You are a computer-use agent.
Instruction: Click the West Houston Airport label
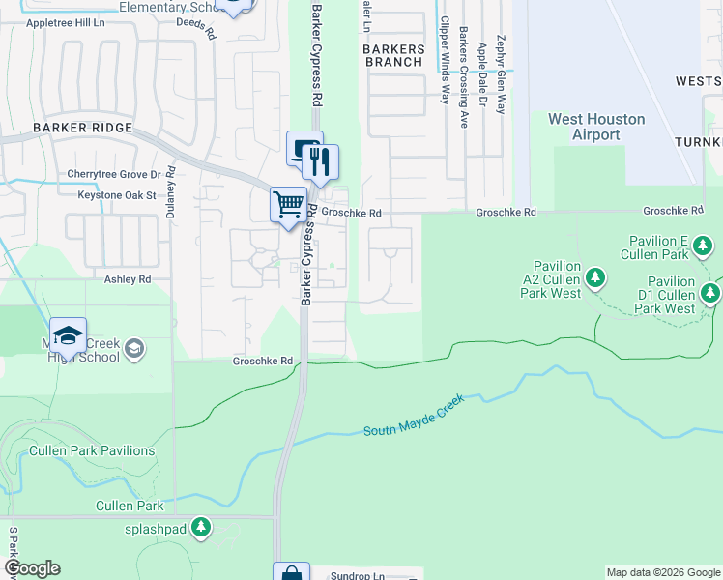[595, 127]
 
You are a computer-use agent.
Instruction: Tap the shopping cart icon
[287, 205]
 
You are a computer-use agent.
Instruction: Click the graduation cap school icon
[68, 335]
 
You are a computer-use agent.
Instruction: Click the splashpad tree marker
[201, 528]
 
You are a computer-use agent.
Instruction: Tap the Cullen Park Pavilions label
[92, 450]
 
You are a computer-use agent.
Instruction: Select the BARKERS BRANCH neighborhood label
[392, 54]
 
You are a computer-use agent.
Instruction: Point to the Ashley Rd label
[128, 278]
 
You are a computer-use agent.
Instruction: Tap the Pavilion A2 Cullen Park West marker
[596, 278]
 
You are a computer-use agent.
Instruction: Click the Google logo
[32, 568]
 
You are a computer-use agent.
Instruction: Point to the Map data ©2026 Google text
[662, 572]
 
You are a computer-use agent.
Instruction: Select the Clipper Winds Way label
[445, 60]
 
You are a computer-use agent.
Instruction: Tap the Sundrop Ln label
[358, 575]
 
